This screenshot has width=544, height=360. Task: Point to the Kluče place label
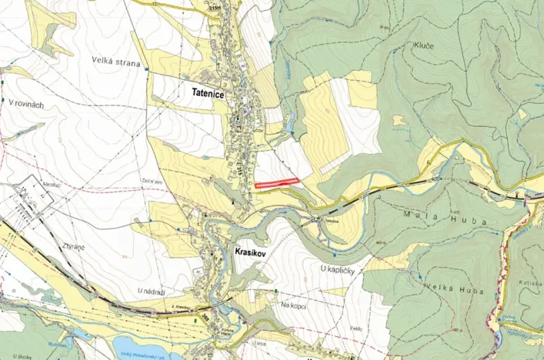pyautogui.click(x=424, y=46)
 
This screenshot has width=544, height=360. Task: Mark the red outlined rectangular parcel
pyautogui.click(x=276, y=183)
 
